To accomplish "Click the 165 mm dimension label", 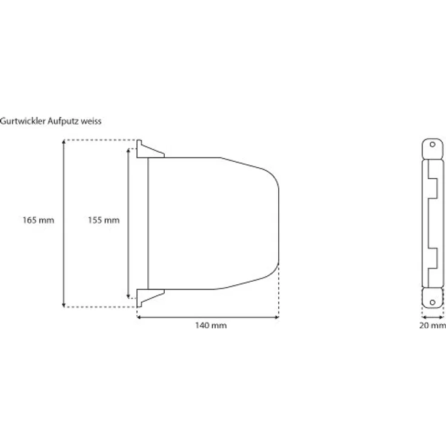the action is (x=38, y=220).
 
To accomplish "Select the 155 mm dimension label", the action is (x=104, y=220).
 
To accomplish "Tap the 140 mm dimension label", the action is (x=211, y=325).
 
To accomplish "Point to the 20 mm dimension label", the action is (x=433, y=325).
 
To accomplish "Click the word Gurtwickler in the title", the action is (x=23, y=121).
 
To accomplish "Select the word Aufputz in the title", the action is (x=63, y=121).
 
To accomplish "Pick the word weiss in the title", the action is (x=91, y=121).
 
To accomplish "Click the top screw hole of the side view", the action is (x=432, y=144).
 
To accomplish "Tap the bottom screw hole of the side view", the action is (x=432, y=302).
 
